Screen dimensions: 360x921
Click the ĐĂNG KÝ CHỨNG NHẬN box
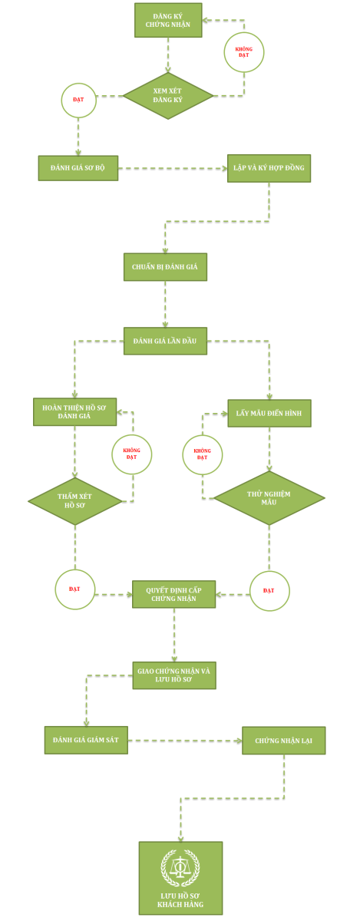coord(168,20)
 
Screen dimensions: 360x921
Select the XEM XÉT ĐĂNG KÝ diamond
coord(168,96)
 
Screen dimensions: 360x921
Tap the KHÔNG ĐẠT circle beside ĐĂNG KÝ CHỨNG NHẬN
coord(244,52)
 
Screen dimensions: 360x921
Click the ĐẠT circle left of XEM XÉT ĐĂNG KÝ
coord(78,100)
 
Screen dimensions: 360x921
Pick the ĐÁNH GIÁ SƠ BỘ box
coord(78,168)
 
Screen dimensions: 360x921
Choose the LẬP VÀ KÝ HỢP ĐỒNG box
coord(269,168)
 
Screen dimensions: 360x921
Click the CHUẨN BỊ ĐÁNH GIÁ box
coord(165,267)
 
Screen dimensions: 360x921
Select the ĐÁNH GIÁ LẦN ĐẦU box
coord(165,341)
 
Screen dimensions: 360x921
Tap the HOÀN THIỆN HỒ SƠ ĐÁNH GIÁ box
coord(75,411)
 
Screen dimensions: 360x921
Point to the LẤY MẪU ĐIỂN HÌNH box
coord(269,413)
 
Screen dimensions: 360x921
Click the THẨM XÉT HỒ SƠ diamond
coord(75,501)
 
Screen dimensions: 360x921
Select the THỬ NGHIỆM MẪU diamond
coord(269,498)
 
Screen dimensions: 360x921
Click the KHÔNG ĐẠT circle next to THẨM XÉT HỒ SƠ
coord(132,454)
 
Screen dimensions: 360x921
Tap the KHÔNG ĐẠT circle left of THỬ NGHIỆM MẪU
coord(203,454)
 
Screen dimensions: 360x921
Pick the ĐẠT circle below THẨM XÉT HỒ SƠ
coord(75,589)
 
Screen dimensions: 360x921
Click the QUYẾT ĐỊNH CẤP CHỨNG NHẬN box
coord(173,594)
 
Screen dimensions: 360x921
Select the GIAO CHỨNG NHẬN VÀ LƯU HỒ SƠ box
coord(174,675)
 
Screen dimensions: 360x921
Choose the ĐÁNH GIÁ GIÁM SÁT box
coord(86,740)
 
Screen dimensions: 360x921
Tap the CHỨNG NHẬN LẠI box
coord(284,741)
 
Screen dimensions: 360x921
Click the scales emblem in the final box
coord(180,867)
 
